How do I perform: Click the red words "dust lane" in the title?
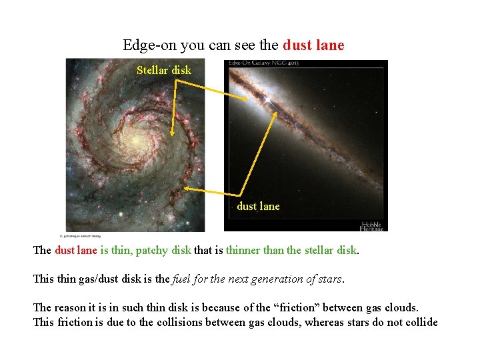coord(313,45)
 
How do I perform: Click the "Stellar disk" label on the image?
coord(163,70)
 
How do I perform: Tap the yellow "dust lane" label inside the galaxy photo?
coord(259,206)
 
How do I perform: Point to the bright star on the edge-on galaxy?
coord(268,99)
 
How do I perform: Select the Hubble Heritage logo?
coord(373,225)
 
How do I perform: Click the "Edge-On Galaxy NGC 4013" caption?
coord(263,63)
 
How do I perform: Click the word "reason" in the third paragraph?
coord(69,308)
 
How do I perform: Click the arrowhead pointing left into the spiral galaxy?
coord(185,189)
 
